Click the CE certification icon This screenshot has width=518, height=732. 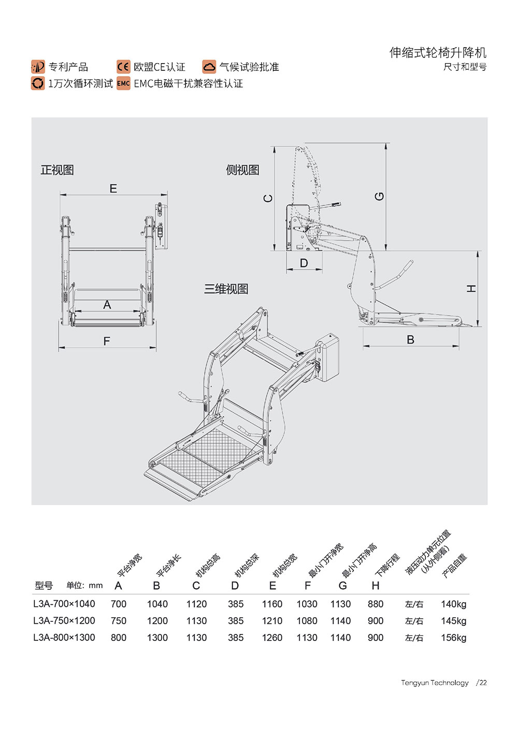(x=123, y=67)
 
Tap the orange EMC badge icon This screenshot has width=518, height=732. (x=123, y=83)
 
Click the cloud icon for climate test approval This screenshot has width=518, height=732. (x=209, y=67)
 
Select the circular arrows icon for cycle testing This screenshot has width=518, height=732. (x=38, y=83)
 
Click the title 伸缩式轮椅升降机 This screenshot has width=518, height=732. (x=438, y=53)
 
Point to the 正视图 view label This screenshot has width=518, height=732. (x=57, y=170)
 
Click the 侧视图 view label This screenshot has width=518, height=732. (x=242, y=170)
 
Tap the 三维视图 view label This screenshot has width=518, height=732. (x=226, y=289)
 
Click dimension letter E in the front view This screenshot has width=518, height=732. (x=113, y=189)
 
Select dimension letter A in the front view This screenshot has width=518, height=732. (x=107, y=305)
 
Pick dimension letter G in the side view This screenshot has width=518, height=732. (x=380, y=197)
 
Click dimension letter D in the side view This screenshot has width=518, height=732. (x=304, y=263)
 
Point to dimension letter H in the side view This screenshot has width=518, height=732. (x=471, y=289)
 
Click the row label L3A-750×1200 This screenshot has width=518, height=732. (x=64, y=621)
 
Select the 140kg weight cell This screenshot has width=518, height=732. (x=454, y=604)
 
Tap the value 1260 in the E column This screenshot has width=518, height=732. (x=272, y=638)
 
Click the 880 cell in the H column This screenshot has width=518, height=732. (x=376, y=604)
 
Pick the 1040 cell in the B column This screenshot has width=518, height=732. (x=157, y=604)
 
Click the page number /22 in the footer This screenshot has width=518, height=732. (x=482, y=683)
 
